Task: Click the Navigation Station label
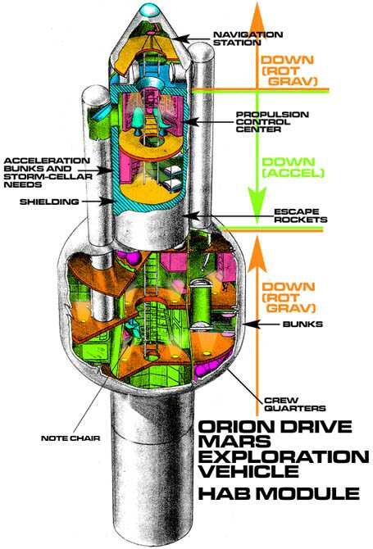pos(248,39)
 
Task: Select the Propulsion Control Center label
pos(272,122)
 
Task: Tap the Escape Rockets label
pos(301,216)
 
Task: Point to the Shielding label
pos(49,202)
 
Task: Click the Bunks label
pos(302,324)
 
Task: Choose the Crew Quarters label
pos(295,405)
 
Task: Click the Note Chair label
pos(71,438)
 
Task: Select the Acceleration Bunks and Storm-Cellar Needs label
pos(48,173)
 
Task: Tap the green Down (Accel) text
pos(293,167)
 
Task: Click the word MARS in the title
pos(234,442)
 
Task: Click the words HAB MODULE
pos(279,493)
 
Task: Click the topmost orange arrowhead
pos(257,16)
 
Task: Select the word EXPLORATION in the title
pos(284,456)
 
